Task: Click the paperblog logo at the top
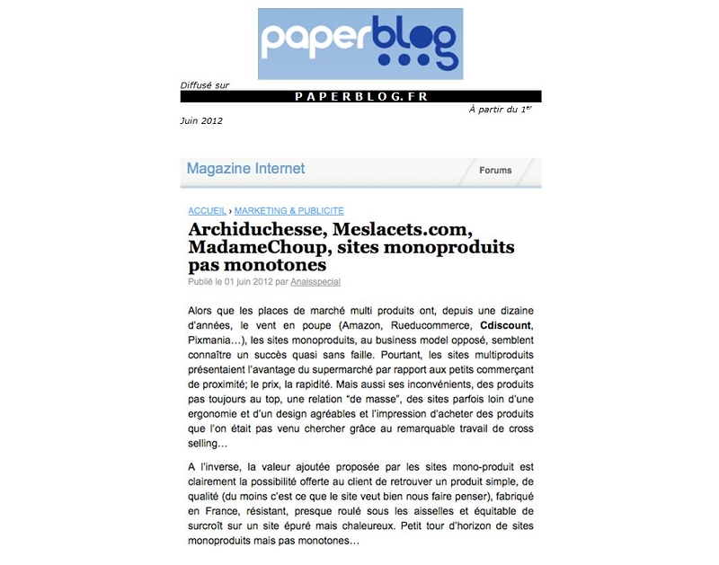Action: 359,43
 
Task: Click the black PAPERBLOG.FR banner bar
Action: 360,96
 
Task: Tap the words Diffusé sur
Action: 204,85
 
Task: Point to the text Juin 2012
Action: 201,120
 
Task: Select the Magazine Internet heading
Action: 245,169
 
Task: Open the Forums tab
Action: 495,170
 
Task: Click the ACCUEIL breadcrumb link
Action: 207,210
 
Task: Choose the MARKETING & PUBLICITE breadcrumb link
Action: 288,210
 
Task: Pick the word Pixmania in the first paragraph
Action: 210,342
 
